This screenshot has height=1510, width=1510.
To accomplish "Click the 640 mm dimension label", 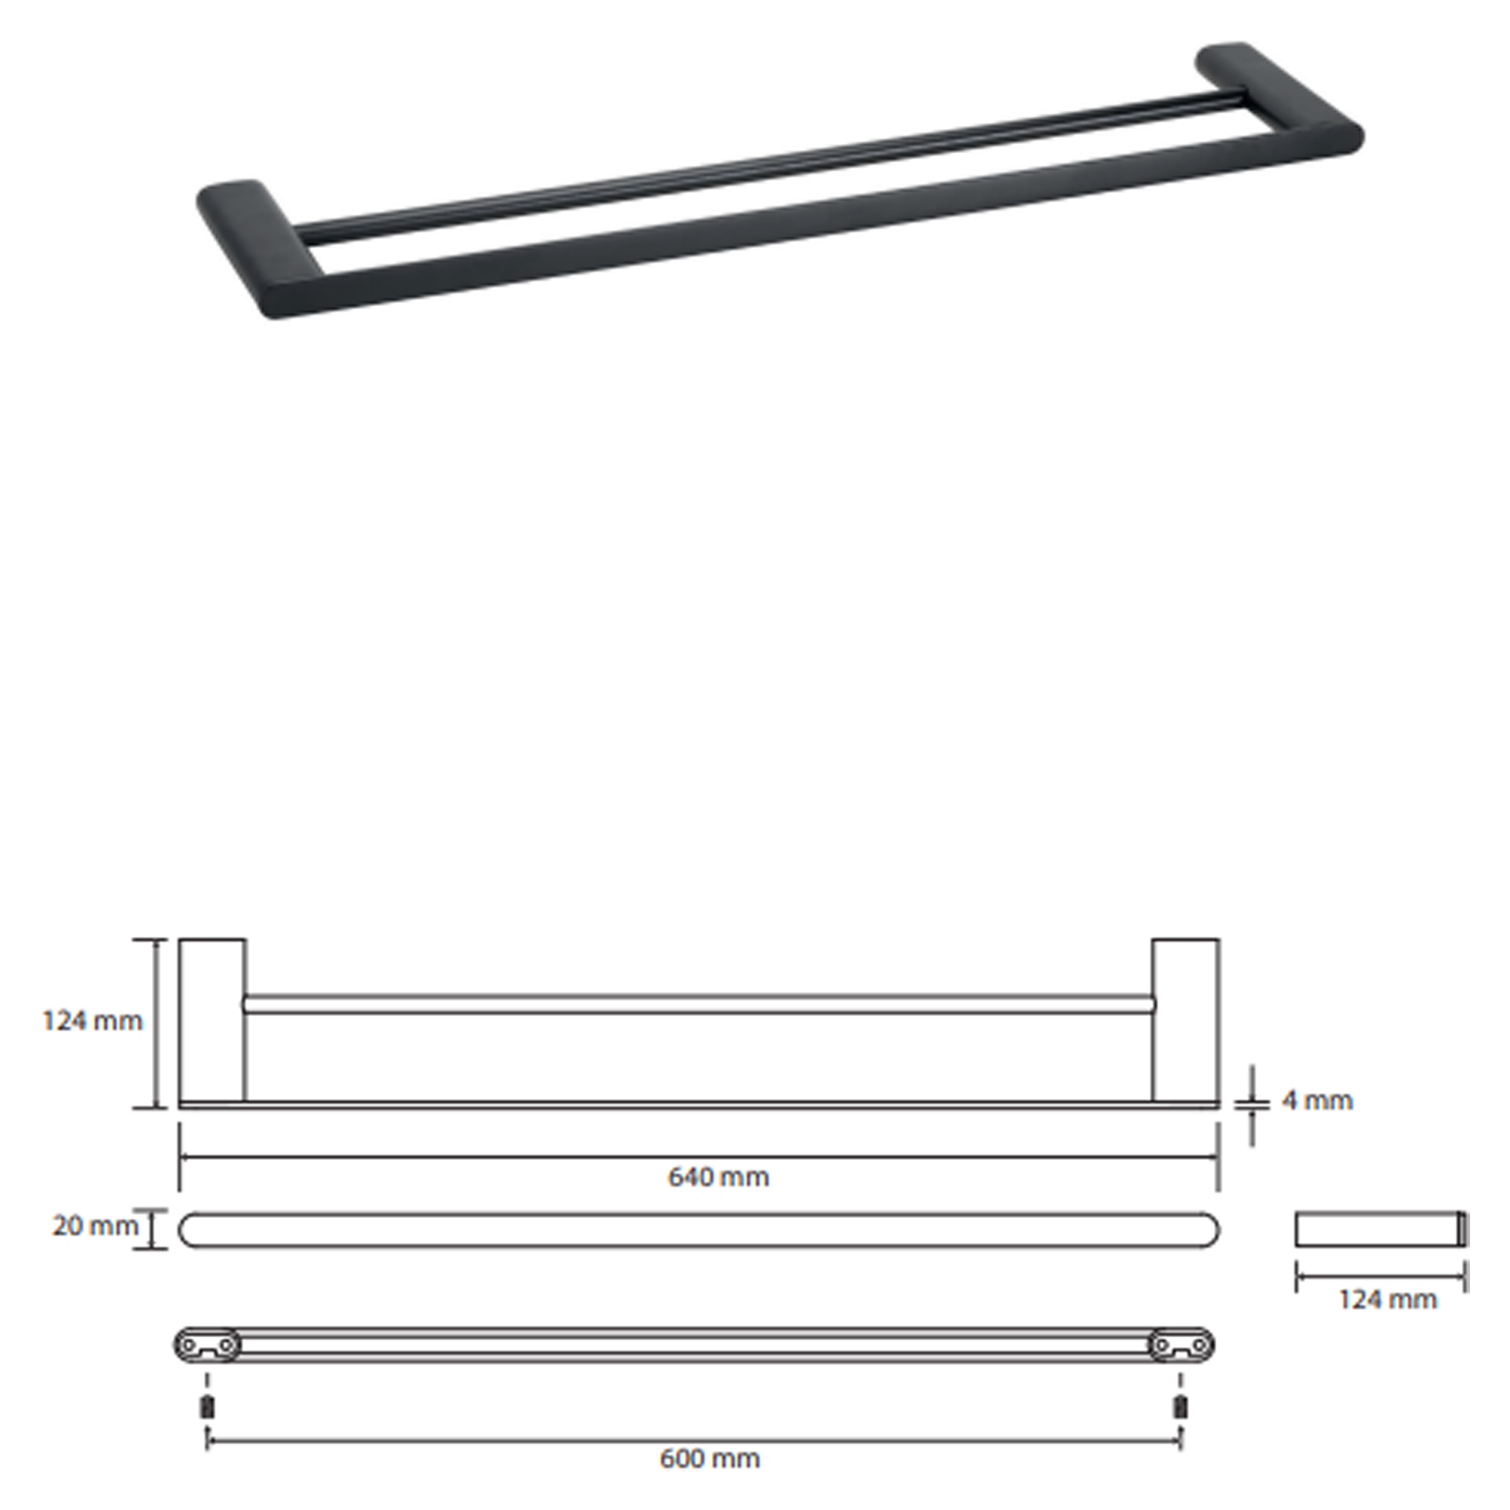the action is (x=718, y=1177).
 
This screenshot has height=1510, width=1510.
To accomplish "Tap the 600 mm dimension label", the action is (x=710, y=1459).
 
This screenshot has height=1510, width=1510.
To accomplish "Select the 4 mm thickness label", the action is (x=1317, y=1101).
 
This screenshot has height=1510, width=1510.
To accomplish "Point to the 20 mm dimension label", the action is (x=94, y=1225).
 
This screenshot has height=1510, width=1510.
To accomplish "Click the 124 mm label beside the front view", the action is (x=92, y=1021).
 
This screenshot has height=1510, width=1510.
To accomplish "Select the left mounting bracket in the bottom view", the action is (x=207, y=1345).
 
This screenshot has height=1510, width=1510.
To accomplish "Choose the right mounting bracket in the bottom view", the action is (x=1181, y=1345).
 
